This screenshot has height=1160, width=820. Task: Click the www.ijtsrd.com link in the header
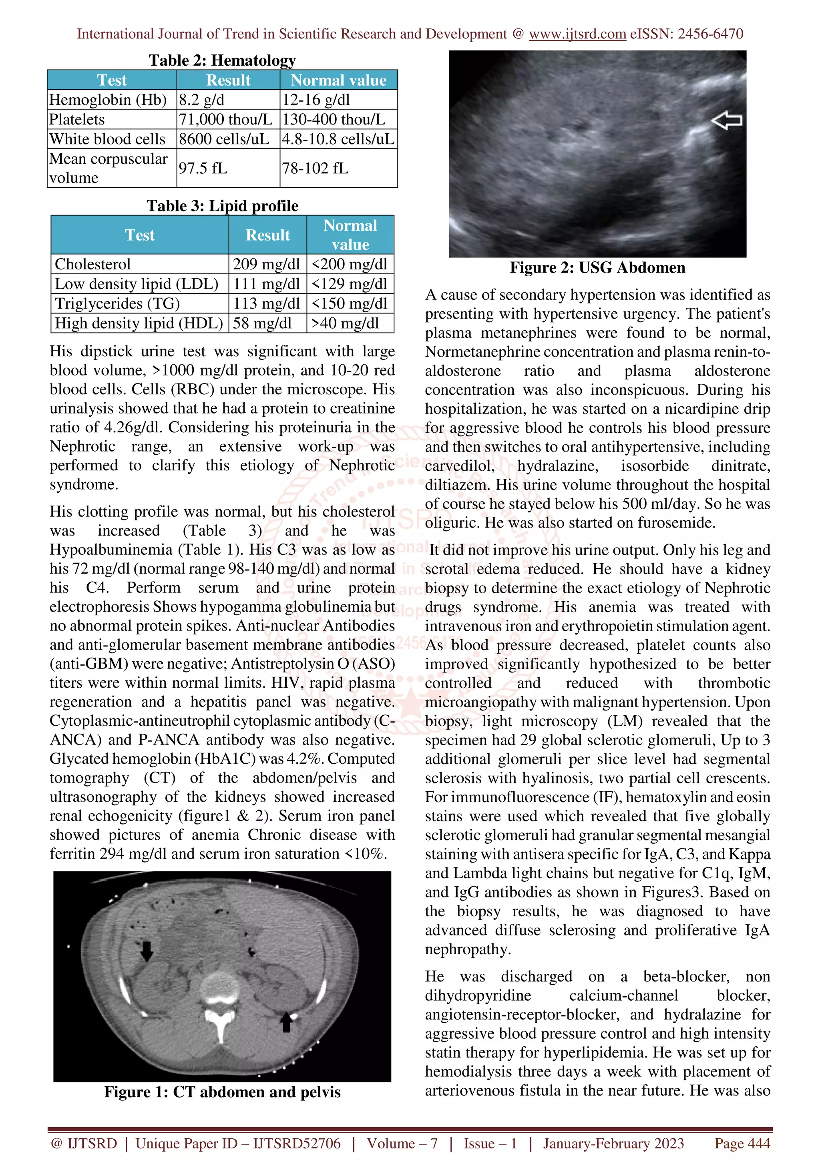tap(577, 34)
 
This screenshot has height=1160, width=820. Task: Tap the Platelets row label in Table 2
tap(77, 119)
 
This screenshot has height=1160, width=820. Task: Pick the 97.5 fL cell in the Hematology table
tap(203, 168)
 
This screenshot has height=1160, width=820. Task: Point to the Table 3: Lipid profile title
tap(222, 206)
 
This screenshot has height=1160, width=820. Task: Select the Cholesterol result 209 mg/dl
tap(266, 264)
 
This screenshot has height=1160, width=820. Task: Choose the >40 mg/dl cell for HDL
tap(345, 323)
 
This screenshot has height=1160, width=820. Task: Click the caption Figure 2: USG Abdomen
tap(597, 267)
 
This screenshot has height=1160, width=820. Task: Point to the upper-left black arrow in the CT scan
tap(147, 950)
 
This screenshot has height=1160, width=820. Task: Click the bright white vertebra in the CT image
tap(219, 990)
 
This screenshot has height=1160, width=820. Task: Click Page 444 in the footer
tap(742, 1143)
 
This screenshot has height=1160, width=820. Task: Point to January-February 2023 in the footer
tap(613, 1143)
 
